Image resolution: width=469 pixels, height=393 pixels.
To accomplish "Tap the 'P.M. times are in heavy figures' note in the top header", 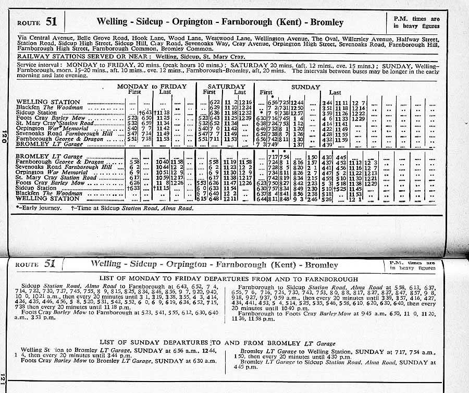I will pos(416,22).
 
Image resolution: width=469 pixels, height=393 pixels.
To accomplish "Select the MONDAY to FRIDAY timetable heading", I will pos(152,86).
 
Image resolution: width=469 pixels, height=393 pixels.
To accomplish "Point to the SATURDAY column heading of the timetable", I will pos(226,86).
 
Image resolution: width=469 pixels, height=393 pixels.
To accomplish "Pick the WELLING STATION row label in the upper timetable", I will pos(48,102).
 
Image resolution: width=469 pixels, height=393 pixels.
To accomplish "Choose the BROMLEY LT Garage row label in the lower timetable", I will pos(46,156).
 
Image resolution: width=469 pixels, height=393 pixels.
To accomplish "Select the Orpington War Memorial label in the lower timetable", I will pos(52,173).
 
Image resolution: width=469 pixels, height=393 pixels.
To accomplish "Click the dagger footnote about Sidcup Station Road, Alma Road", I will pos(132,208).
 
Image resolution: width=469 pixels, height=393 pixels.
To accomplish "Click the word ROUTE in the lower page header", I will pos(29,265).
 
